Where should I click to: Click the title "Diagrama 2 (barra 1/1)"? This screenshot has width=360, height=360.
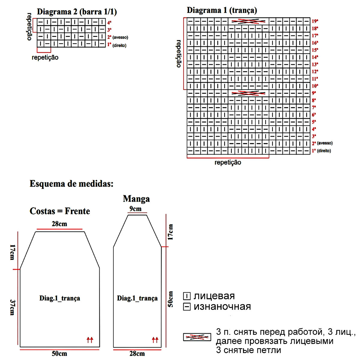pyautogui.click(x=77, y=12)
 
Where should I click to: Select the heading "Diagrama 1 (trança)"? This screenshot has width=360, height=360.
pyautogui.click(x=222, y=10)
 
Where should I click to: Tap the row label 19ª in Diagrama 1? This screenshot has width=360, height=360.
pyautogui.click(x=315, y=21)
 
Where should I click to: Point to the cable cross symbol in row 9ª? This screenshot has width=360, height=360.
pyautogui.click(x=248, y=93)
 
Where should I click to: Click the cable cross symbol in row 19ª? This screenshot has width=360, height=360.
pyautogui.click(x=248, y=21)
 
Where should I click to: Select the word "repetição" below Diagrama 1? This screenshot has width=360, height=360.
pyautogui.click(x=228, y=163)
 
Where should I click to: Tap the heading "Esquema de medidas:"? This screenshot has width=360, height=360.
pyautogui.click(x=71, y=184)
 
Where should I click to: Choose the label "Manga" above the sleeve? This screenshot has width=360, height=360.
pyautogui.click(x=136, y=199)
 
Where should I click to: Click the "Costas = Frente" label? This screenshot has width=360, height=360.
pyautogui.click(x=60, y=211)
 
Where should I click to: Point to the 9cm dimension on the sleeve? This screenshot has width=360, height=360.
pyautogui.click(x=136, y=209)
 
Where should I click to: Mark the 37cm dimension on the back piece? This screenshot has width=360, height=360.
pyautogui.click(x=12, y=307)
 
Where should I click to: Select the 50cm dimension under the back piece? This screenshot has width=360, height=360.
pyautogui.click(x=59, y=354)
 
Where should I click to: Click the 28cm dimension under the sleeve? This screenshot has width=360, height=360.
pyautogui.click(x=137, y=354)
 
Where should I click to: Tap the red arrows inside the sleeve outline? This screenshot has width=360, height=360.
pyautogui.click(x=155, y=340)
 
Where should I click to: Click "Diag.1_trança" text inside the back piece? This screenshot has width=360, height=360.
pyautogui.click(x=60, y=298)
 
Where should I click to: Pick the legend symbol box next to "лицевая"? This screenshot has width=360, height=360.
pyautogui.click(x=187, y=296)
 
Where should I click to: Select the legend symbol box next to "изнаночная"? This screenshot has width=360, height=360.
pyautogui.click(x=187, y=307)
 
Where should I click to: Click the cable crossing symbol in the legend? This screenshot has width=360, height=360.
pyautogui.click(x=197, y=337)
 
